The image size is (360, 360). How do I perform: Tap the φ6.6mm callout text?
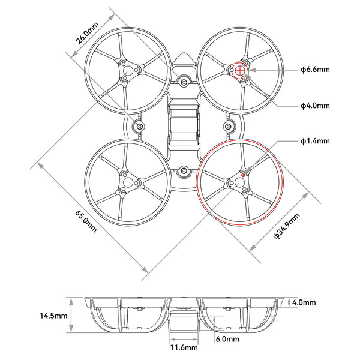(x=315, y=70)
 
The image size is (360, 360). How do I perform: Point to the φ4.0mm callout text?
(x=315, y=106)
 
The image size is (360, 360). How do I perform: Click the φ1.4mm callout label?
(x=315, y=142)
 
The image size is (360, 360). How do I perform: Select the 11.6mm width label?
(x=184, y=347)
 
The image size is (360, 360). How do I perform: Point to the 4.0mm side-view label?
(x=304, y=302)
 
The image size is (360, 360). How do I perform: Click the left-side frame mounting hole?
(x=139, y=127)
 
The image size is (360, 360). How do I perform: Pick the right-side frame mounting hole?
(x=229, y=126)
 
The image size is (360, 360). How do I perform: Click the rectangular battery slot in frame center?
(x=184, y=125)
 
